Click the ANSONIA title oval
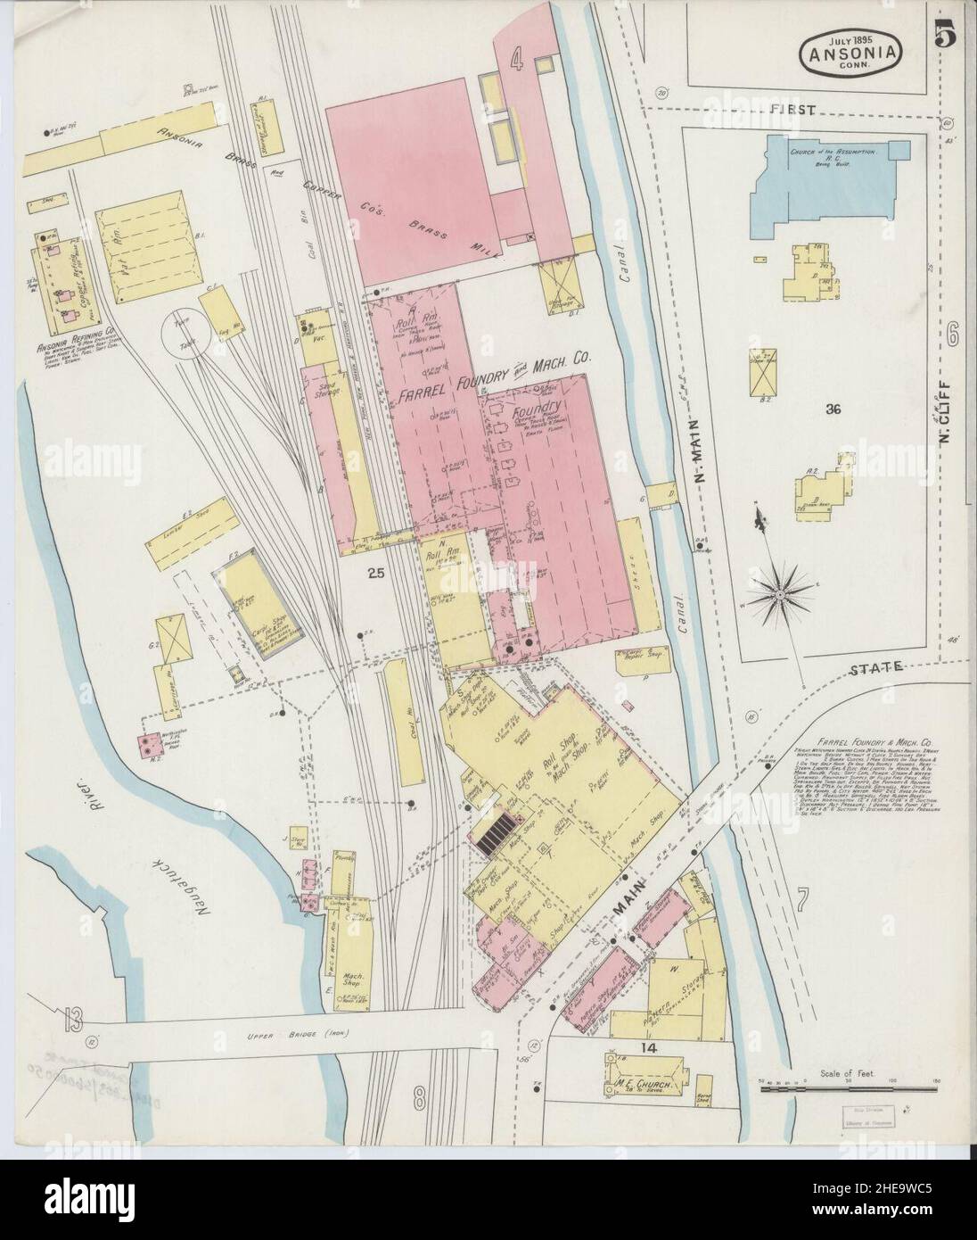[x=847, y=54]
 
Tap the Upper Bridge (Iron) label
[x=302, y=1035]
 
